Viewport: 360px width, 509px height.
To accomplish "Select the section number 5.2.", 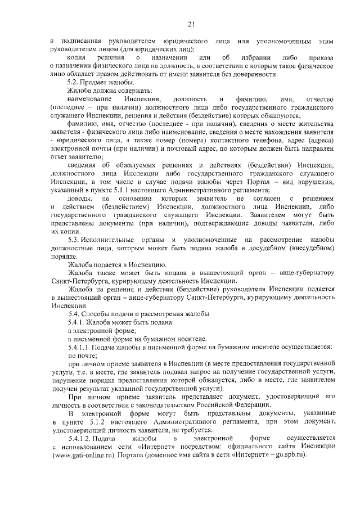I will coord(73,83).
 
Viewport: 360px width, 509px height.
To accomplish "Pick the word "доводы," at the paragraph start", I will coord(79,200).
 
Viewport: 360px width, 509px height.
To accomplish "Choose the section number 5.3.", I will coord(73,241).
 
